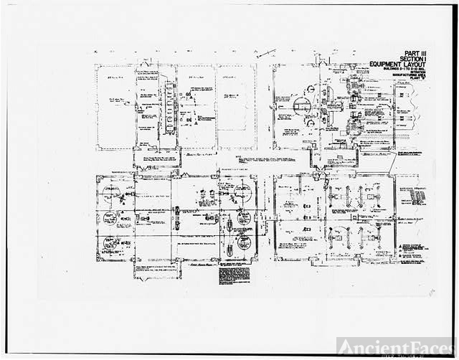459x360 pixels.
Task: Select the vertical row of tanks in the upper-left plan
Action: pyautogui.click(x=169, y=108)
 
